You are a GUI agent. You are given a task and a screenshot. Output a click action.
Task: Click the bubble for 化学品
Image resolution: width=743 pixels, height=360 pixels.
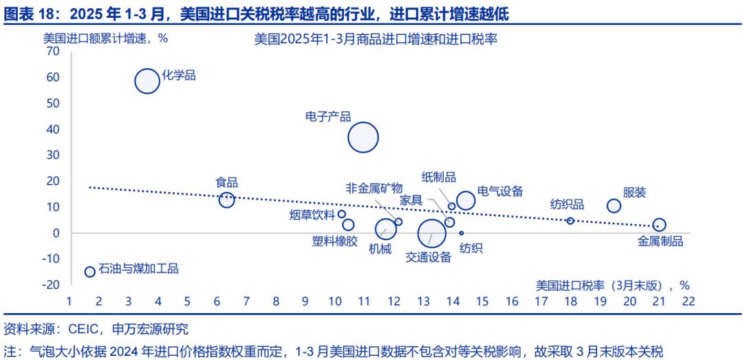tap(147, 81)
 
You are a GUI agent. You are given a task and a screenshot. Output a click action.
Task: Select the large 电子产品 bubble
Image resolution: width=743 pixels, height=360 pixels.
tap(363, 137)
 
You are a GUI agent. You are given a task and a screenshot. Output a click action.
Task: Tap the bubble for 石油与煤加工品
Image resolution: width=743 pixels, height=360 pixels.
tap(89, 272)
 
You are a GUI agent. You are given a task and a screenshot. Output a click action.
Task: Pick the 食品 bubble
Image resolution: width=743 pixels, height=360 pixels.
tap(226, 200)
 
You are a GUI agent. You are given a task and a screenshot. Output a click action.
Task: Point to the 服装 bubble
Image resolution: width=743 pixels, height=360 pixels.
tap(614, 206)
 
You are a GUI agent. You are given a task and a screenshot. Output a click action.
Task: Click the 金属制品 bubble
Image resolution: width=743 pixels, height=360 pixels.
tap(659, 225)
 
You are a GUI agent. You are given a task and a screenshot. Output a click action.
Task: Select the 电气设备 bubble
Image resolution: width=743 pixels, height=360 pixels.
tap(466, 200)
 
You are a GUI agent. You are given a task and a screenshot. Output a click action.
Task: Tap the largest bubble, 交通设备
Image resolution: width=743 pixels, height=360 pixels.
tap(431, 233)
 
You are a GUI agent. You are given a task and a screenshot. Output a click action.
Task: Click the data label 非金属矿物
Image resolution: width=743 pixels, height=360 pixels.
tap(373, 187)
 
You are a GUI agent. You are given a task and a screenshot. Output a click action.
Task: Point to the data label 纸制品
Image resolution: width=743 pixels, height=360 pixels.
tap(439, 178)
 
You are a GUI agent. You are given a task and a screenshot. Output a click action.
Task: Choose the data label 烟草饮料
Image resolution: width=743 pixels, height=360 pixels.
tap(312, 214)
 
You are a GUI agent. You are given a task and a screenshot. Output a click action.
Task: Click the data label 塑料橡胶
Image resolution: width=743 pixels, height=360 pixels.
tap(335, 240)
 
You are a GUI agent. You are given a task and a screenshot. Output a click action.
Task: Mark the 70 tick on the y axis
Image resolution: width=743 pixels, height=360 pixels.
tap(53, 52)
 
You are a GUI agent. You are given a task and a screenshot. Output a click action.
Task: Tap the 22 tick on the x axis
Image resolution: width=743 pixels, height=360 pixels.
tap(688, 301)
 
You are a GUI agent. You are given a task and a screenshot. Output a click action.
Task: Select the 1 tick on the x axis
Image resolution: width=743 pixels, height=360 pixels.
tap(69, 301)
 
